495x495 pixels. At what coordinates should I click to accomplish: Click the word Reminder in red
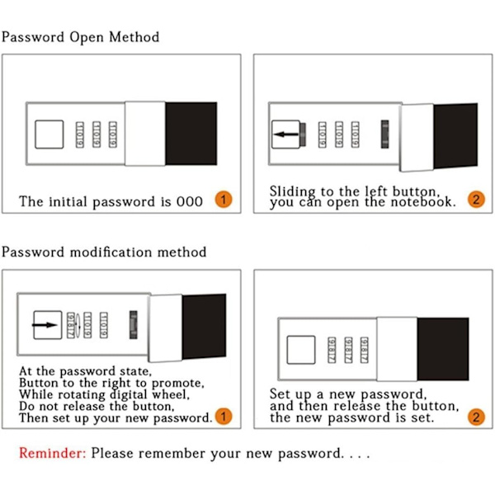(x=52, y=453)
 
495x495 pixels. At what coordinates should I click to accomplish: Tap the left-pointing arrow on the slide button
(x=286, y=134)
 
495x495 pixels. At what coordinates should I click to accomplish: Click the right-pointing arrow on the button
(x=45, y=325)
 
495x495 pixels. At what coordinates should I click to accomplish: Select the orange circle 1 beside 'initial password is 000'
(x=224, y=200)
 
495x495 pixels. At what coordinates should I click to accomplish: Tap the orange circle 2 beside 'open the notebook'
(x=476, y=200)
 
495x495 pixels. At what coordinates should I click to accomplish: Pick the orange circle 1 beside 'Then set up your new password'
(x=224, y=417)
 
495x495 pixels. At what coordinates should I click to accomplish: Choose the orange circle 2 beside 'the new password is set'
(x=476, y=417)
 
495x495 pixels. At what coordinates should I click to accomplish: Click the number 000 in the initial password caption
(x=190, y=202)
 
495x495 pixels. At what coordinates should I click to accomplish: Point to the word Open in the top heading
(x=87, y=37)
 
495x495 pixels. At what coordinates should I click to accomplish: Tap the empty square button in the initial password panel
(x=49, y=134)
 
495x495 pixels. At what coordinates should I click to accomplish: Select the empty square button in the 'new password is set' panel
(x=301, y=350)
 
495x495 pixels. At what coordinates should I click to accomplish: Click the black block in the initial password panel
(x=191, y=133)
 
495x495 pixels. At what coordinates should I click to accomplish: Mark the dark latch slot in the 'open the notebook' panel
(x=384, y=134)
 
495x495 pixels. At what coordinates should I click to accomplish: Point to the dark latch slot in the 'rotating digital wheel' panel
(x=134, y=325)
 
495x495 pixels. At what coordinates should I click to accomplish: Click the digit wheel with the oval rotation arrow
(x=71, y=325)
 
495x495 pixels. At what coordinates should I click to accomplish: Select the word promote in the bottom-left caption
(x=177, y=384)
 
